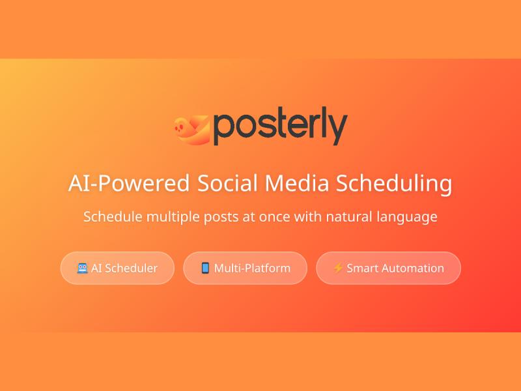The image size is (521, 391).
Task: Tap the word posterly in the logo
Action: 280,128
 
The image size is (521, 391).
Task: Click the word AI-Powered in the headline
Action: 128,183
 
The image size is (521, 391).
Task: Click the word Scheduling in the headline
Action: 394,183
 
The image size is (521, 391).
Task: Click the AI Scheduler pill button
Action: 117,268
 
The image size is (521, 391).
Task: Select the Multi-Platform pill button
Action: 245,268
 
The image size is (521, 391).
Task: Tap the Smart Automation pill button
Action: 388,268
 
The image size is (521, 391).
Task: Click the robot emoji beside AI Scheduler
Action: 82,268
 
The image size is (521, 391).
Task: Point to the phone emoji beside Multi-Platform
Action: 205,268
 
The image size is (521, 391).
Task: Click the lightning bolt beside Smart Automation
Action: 337,268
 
